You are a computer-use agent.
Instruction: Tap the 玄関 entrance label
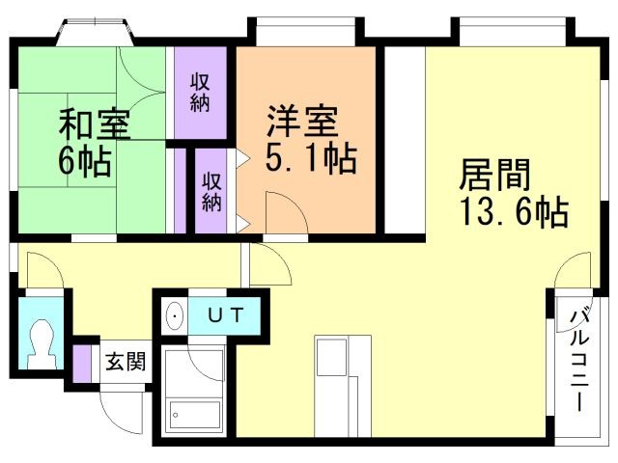pos(126,363)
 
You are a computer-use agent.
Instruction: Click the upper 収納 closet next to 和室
pos(200,92)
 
